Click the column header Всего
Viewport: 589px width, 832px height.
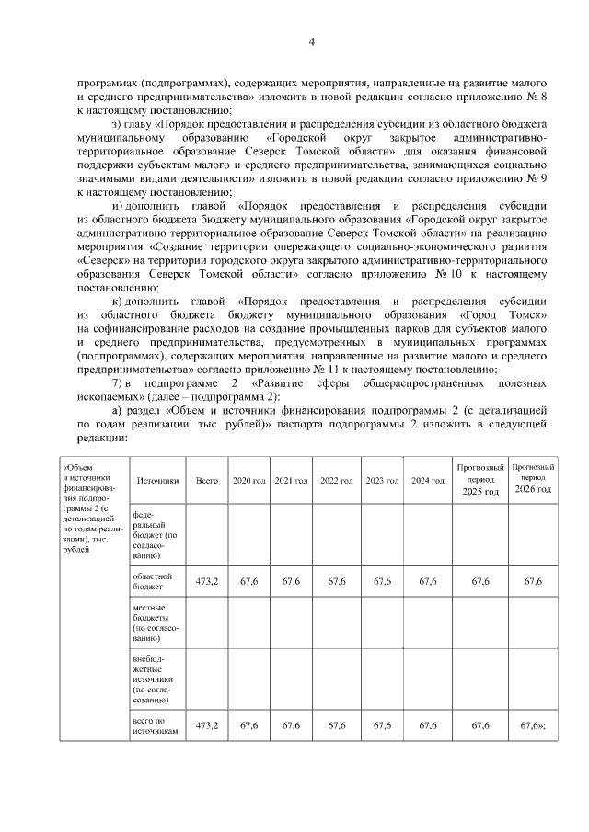pyautogui.click(x=207, y=481)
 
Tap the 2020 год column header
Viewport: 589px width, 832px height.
pyautogui.click(x=248, y=481)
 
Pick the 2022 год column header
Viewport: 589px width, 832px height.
pyautogui.click(x=336, y=481)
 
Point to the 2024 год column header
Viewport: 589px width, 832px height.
pyautogui.click(x=427, y=481)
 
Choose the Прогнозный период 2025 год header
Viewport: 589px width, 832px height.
pyautogui.click(x=479, y=480)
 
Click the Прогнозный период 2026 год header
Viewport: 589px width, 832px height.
pyautogui.click(x=532, y=480)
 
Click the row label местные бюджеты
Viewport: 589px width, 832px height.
pyautogui.click(x=153, y=622)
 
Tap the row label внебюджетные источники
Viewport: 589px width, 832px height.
pyautogui.click(x=153, y=680)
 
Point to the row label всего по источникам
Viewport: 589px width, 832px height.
pyautogui.click(x=153, y=725)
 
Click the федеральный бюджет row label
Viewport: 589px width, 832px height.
pyautogui.click(x=153, y=533)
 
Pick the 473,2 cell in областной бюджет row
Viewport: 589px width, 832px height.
pyautogui.click(x=207, y=581)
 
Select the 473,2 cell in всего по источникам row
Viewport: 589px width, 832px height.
pyautogui.click(x=207, y=725)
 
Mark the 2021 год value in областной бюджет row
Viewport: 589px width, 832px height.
pyautogui.click(x=292, y=581)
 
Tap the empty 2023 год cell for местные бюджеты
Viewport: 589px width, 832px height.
pyautogui.click(x=382, y=622)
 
